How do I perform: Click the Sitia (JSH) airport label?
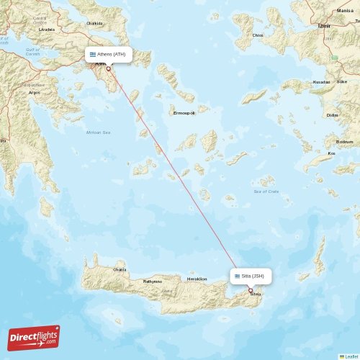(251, 276)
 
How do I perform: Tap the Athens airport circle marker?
(109, 68)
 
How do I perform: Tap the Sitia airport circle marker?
(251, 290)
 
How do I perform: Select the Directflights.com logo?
(34, 338)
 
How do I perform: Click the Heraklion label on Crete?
(197, 279)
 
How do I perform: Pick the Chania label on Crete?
(120, 269)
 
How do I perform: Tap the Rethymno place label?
(153, 281)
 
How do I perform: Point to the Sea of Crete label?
(266, 191)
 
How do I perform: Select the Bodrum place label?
(345, 142)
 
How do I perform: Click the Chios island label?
(258, 34)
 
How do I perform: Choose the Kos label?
(331, 153)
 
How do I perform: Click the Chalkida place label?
(94, 23)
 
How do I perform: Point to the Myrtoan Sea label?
(98, 132)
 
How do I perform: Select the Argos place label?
(34, 92)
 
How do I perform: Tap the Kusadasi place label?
(321, 82)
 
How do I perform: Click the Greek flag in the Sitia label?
(237, 276)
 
